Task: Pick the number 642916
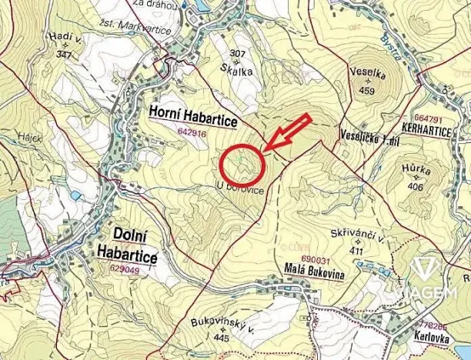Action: (x=191, y=132)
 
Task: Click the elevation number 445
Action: (x=222, y=337)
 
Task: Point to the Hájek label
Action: (x=32, y=139)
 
